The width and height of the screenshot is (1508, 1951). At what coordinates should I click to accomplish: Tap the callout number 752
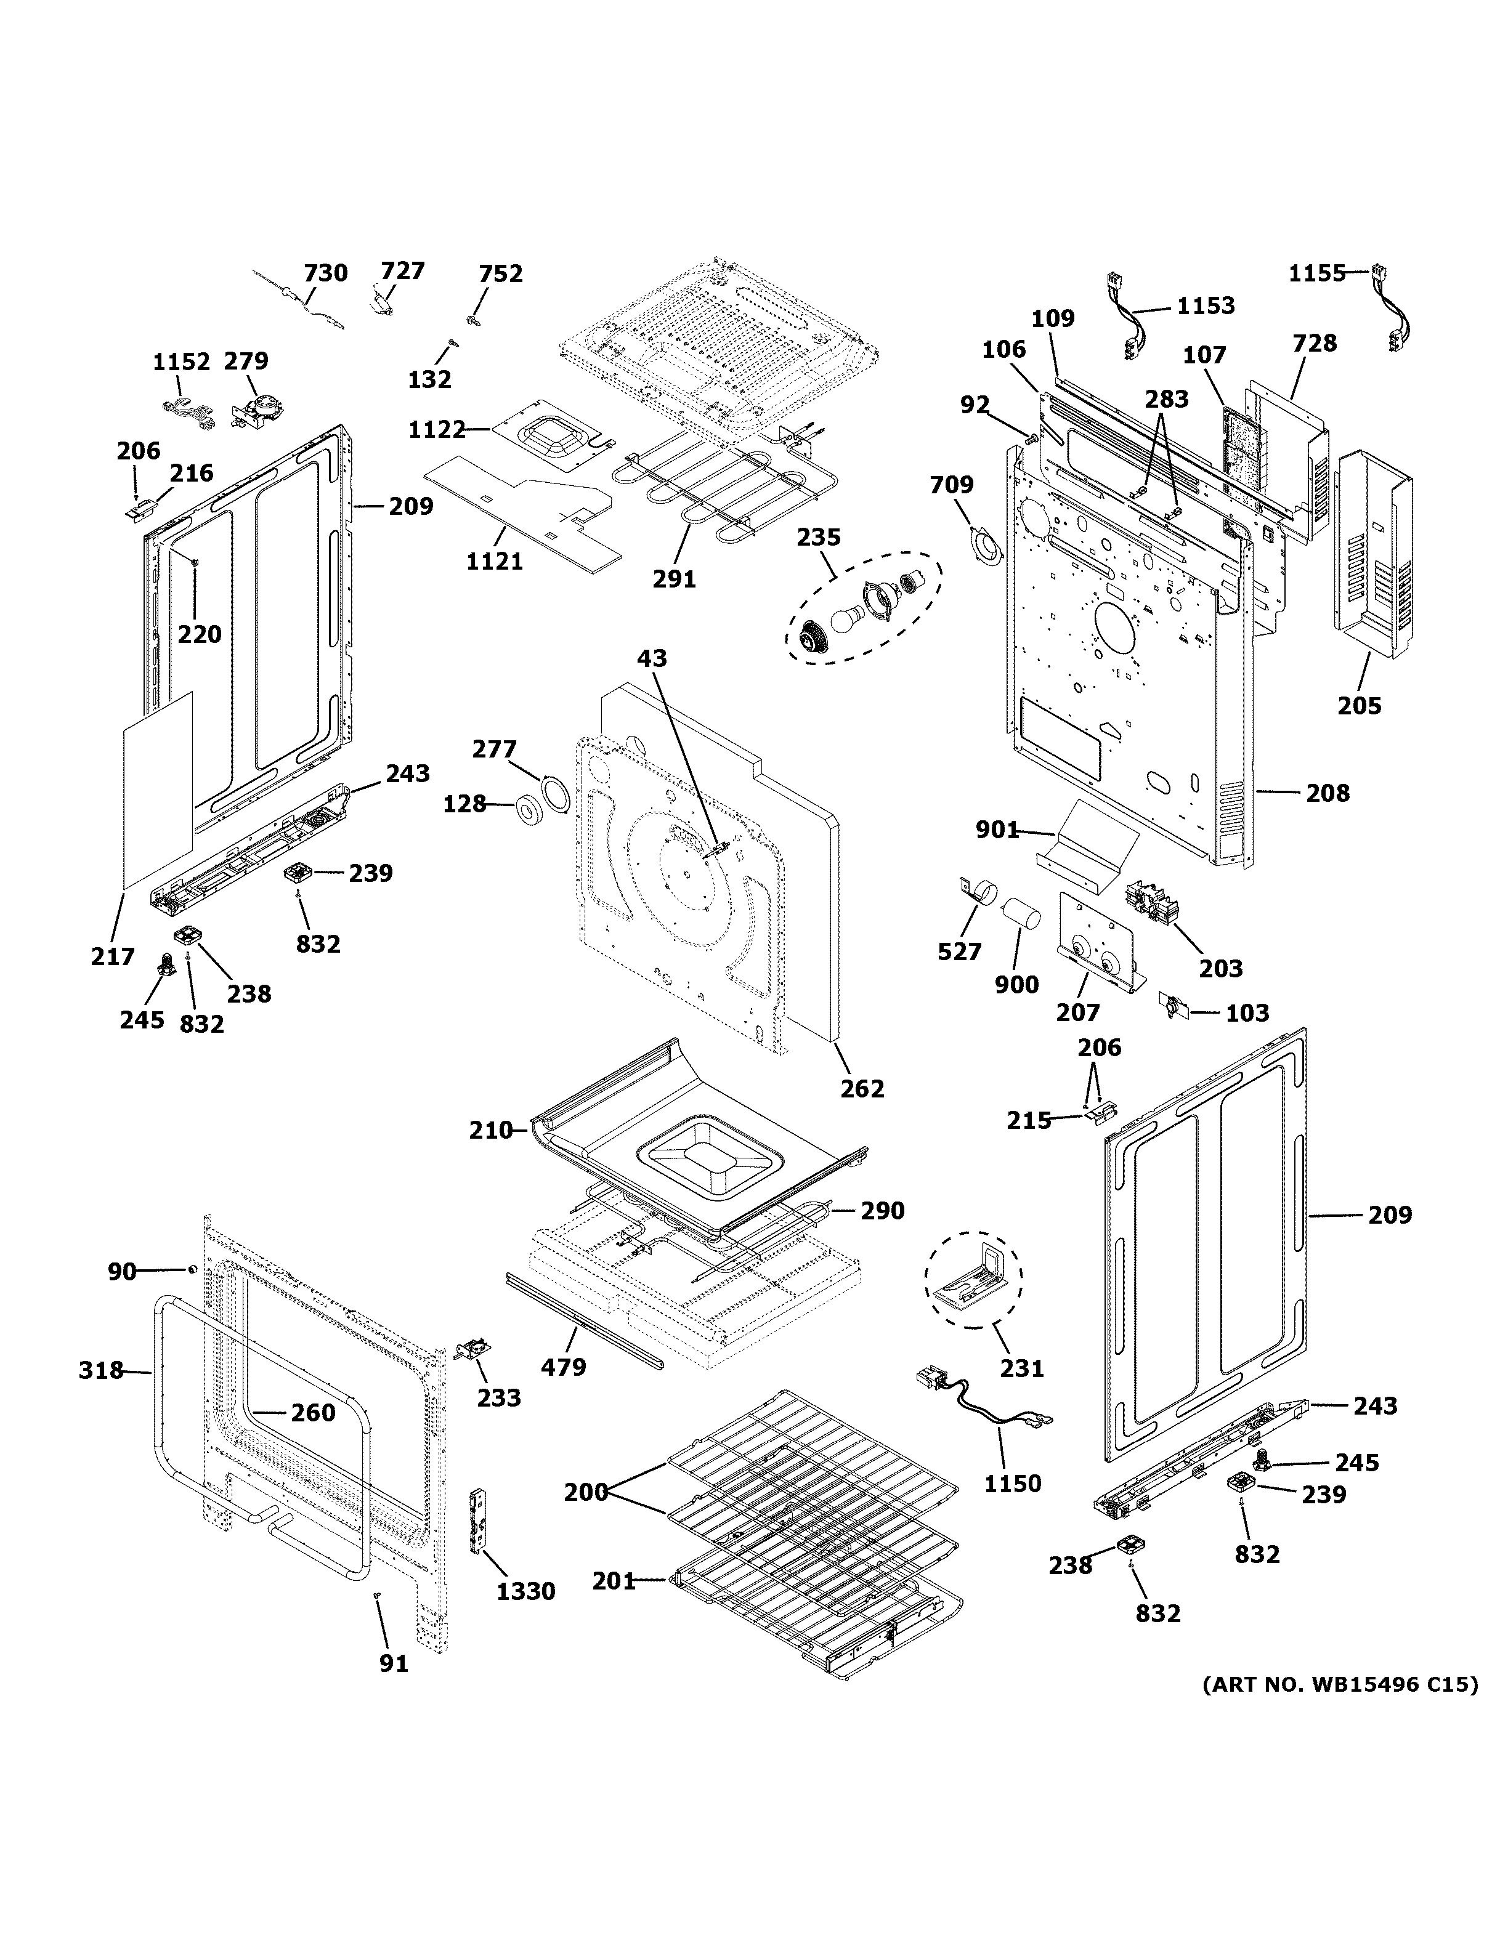tap(500, 273)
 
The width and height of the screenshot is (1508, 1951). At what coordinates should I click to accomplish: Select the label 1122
tap(437, 430)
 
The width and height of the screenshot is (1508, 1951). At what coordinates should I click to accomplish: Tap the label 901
tap(997, 830)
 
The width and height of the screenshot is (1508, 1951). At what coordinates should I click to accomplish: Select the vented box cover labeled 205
tap(1374, 554)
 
